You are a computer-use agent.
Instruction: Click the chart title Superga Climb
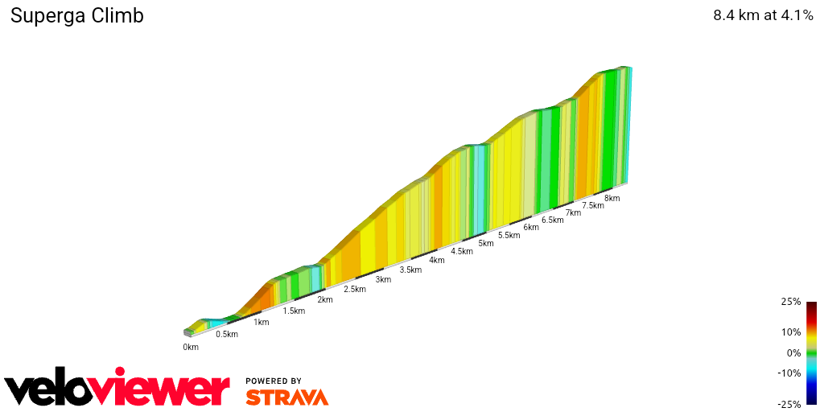click(76, 16)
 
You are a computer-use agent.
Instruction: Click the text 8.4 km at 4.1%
click(763, 16)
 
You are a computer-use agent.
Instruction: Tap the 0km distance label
click(191, 348)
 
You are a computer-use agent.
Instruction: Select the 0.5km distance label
click(226, 335)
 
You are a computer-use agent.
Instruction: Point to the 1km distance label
click(261, 323)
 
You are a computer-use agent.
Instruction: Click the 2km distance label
click(325, 300)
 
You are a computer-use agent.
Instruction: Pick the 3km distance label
click(383, 280)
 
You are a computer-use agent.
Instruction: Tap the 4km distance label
click(437, 261)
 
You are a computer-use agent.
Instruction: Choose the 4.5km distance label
click(462, 252)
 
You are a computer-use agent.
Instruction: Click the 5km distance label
click(485, 243)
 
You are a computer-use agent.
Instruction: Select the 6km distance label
click(531, 228)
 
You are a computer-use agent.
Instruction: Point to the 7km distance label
click(573, 213)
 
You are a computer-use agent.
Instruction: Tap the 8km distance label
click(612, 199)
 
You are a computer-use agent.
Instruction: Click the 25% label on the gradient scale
click(791, 302)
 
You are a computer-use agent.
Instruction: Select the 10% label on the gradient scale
click(791, 332)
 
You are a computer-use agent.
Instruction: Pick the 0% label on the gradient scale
click(793, 352)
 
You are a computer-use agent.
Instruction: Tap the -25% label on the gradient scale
click(789, 404)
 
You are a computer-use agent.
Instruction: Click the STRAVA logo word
click(286, 398)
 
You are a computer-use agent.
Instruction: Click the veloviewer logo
click(117, 389)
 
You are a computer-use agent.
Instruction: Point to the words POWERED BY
click(274, 381)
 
